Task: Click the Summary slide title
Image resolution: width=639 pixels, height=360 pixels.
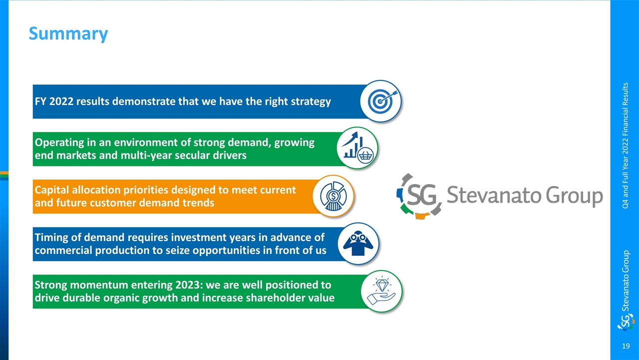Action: coord(68,33)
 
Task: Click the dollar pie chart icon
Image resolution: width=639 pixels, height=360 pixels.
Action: coord(333,196)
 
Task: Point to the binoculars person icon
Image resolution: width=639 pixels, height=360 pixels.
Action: coord(358,243)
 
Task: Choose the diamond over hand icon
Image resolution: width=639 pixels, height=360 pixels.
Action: coord(381,291)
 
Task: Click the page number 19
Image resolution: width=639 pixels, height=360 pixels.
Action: coord(626,346)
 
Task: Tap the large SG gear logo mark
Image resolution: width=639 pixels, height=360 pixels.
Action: coord(419,196)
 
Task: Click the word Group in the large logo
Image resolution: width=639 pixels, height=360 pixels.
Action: coord(574,196)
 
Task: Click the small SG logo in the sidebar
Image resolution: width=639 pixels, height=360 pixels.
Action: coord(626,322)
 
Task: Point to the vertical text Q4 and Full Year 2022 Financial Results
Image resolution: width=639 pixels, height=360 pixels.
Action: coord(626,145)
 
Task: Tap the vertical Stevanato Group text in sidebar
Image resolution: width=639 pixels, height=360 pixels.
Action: coord(626,281)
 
